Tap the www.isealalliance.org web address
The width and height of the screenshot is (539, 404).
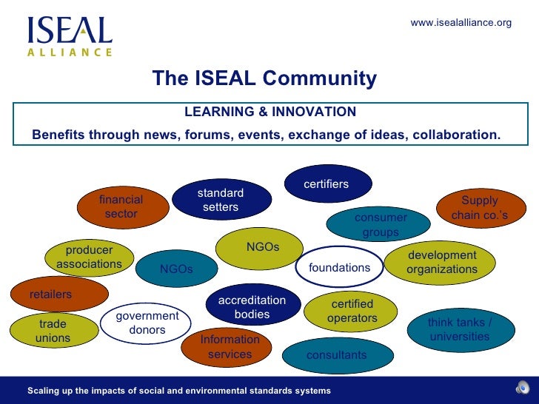[461, 23]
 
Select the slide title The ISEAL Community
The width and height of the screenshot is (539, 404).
[264, 78]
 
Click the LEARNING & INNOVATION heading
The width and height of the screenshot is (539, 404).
[269, 112]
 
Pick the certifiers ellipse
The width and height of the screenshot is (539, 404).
[327, 184]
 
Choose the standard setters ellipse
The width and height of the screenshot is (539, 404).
[221, 200]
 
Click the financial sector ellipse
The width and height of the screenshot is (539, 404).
[121, 207]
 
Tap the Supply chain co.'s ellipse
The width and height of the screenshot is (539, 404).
[480, 207]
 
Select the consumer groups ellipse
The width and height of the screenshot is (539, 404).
[380, 224]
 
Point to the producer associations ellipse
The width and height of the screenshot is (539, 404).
[89, 257]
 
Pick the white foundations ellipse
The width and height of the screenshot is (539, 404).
[338, 267]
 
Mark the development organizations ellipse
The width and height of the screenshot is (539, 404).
[442, 262]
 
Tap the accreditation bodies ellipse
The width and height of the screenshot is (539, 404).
[252, 306]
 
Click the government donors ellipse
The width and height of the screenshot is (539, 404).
[147, 323]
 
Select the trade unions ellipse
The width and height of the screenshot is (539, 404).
[53, 331]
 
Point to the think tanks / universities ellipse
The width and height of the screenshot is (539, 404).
[460, 329]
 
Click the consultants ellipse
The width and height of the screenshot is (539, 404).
[336, 355]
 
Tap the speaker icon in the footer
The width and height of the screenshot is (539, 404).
[523, 389]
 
